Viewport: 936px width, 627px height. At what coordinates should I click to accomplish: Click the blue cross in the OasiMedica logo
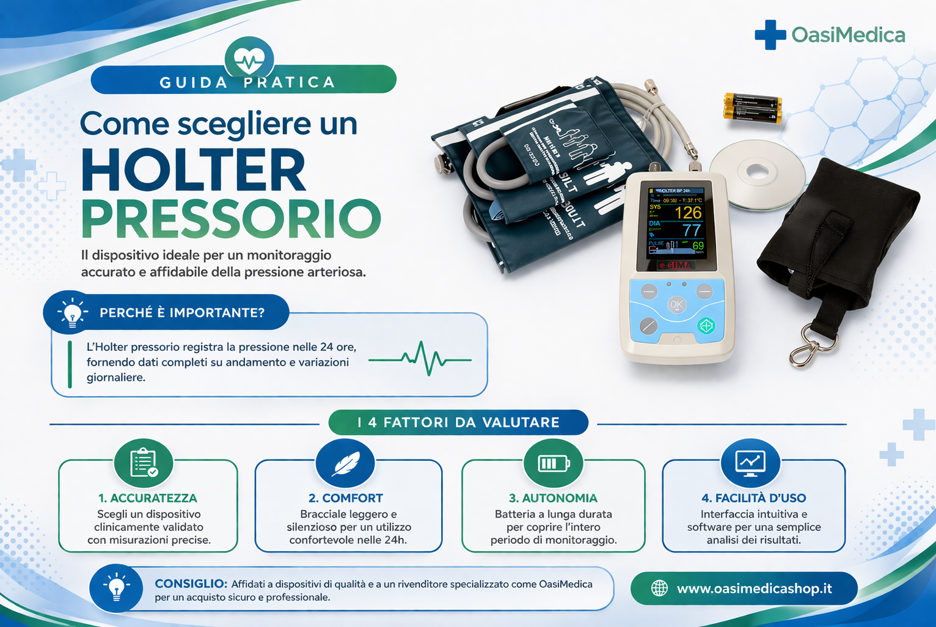click(770, 35)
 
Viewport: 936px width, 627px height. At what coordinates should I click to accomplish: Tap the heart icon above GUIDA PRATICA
click(249, 60)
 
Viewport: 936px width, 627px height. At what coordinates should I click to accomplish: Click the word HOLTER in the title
click(193, 170)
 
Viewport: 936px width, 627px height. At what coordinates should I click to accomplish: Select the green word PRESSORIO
click(231, 219)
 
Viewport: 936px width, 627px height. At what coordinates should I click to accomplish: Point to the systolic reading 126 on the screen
click(688, 213)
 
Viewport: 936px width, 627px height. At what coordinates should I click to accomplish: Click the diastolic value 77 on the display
click(691, 230)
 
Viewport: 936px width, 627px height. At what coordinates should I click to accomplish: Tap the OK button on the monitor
click(676, 304)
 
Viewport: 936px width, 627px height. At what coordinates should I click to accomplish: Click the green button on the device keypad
click(706, 325)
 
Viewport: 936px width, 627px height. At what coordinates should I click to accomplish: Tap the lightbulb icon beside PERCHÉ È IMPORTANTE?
click(73, 313)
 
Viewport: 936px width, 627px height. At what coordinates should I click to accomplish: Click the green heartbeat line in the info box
click(420, 359)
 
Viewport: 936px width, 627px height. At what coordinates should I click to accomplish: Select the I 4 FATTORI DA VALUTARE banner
click(458, 422)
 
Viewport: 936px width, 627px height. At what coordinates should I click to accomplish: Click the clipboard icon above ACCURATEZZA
click(144, 463)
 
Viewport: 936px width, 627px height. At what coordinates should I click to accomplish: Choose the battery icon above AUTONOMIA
click(553, 463)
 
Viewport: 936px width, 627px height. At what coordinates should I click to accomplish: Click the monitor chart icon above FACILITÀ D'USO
click(750, 463)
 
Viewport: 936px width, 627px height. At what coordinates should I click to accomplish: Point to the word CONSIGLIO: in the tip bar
click(191, 584)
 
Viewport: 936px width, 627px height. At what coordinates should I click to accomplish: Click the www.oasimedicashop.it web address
click(754, 588)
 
